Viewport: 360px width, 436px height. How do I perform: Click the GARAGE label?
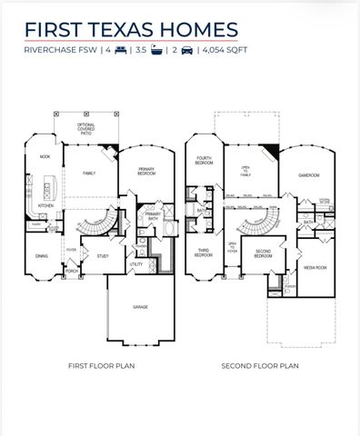coord(141,307)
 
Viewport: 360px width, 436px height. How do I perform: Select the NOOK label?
coord(44,157)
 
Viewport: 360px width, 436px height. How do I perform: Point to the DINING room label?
coord(41,256)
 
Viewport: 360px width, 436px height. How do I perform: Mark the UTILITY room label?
coord(135,264)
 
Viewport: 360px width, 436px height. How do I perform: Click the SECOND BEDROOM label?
coord(264,255)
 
